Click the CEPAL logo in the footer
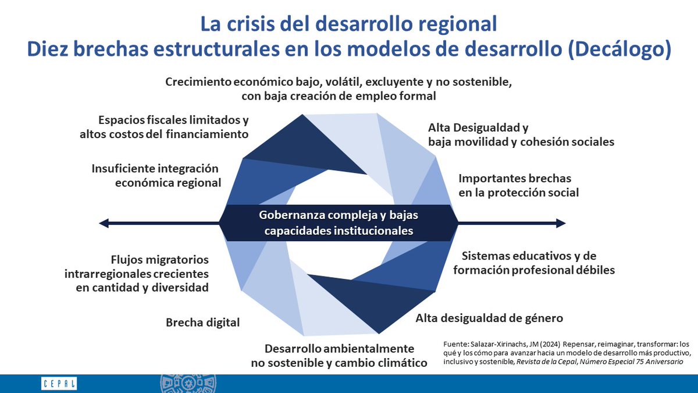click(x=59, y=384)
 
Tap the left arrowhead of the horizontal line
click(x=104, y=223)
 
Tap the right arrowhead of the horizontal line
click(x=561, y=223)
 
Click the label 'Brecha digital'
click(x=202, y=322)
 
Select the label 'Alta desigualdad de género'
click(x=489, y=318)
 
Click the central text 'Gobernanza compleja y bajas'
click(x=338, y=215)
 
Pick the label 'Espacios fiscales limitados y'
click(x=173, y=121)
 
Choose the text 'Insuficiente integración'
click(x=155, y=169)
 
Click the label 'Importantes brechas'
click(x=515, y=178)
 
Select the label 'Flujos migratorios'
click(x=159, y=260)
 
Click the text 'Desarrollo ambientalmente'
click(x=339, y=349)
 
